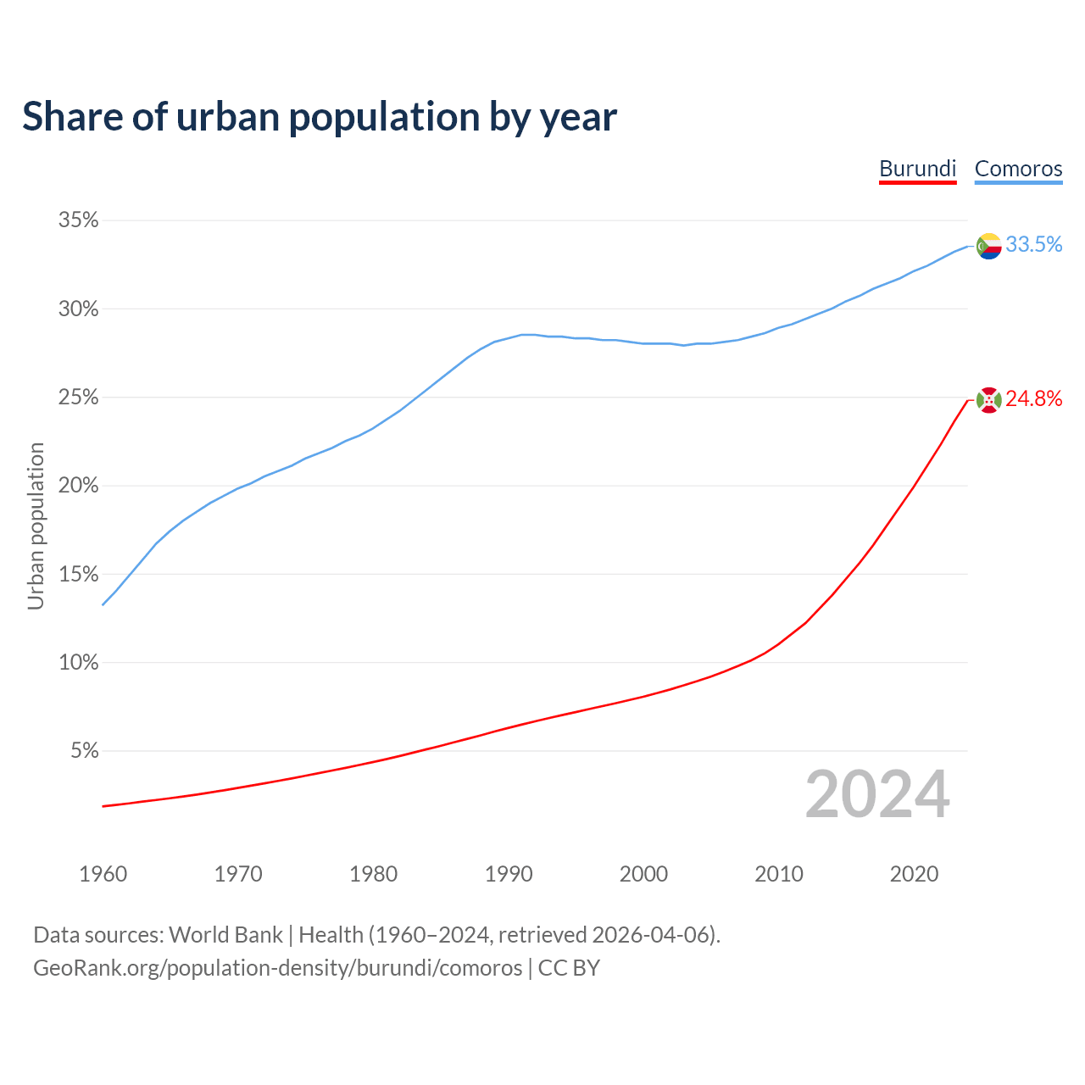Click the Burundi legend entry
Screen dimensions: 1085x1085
(917, 169)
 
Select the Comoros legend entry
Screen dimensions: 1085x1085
(1018, 169)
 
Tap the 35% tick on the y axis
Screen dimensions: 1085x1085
(78, 220)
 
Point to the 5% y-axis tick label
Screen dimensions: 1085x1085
(84, 751)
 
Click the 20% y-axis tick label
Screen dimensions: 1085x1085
(78, 486)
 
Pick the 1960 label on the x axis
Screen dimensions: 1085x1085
(103, 874)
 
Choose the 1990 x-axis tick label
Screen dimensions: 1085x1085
(509, 874)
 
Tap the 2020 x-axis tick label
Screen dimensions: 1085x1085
(914, 874)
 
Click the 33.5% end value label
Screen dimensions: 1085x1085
(1033, 245)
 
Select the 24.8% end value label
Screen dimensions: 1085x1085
(1033, 399)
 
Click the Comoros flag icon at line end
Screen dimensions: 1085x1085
(988, 246)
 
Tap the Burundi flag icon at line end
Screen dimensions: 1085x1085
(988, 399)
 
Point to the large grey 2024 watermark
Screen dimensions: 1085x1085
(877, 795)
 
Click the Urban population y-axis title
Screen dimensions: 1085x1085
(36, 526)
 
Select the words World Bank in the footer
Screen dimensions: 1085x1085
(225, 935)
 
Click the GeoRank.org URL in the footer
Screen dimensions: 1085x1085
(277, 968)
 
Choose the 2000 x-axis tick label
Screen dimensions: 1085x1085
(643, 874)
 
